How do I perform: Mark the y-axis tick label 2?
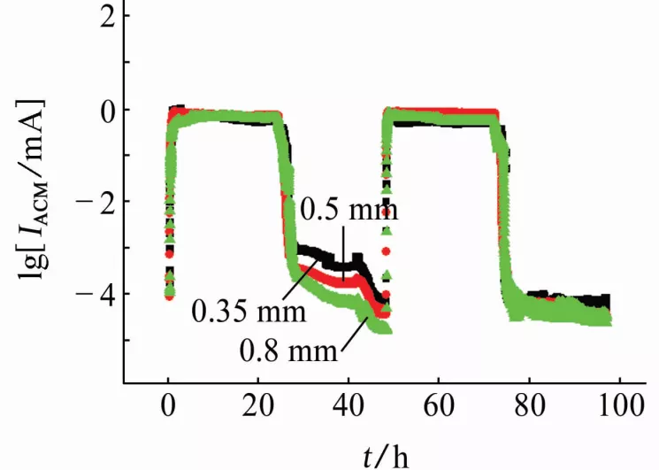coord(107,18)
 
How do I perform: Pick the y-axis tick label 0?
coord(107,110)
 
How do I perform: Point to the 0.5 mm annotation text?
coord(349,211)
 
